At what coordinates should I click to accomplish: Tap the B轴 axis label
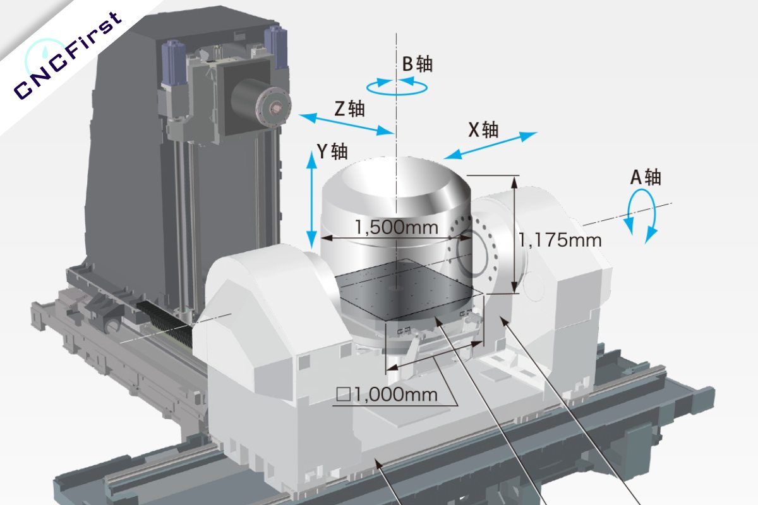point(418,64)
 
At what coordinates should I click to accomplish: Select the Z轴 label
point(349,109)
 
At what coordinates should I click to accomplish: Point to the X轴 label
point(483,129)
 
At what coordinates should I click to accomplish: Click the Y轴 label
point(332,151)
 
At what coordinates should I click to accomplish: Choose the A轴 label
point(645,177)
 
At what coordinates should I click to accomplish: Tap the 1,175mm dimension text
point(560,240)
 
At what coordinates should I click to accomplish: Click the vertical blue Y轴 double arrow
point(311,199)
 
